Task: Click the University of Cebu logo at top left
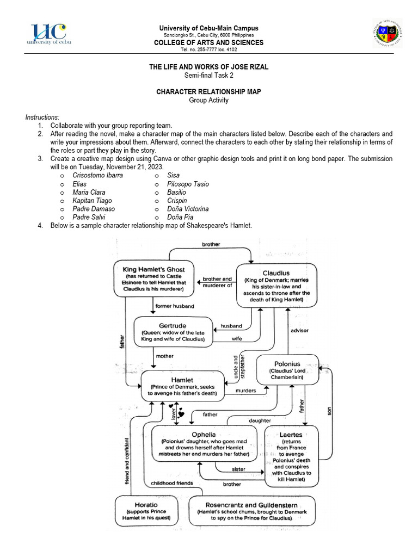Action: tap(49, 35)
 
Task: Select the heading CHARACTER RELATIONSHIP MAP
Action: tap(208, 91)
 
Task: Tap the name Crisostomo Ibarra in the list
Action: tap(97, 176)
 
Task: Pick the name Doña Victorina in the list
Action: tap(188, 209)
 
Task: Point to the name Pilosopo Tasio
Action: tap(188, 184)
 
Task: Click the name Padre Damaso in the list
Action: tap(94, 209)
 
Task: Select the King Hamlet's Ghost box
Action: tap(153, 279)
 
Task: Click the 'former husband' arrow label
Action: tap(171, 306)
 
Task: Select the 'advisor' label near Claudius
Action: tap(300, 330)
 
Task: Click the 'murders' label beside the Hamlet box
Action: tap(246, 391)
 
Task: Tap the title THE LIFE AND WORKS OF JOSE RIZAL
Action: tap(208, 66)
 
